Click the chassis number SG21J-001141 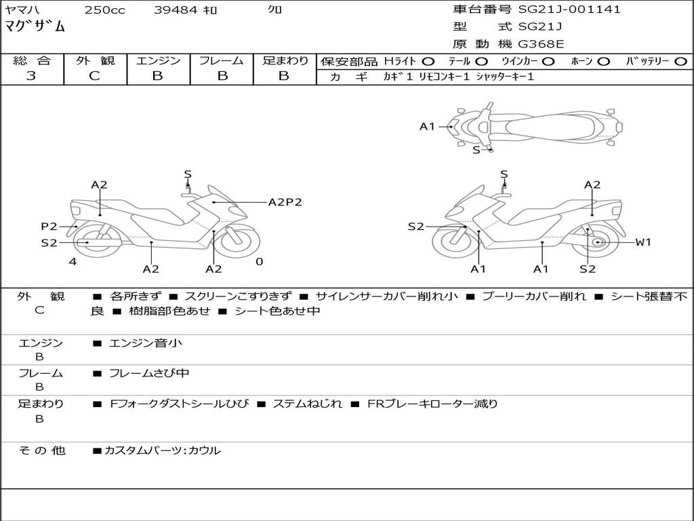[x=569, y=9]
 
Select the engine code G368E [x=541, y=44]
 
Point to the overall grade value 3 [x=31, y=76]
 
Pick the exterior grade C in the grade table [x=94, y=76]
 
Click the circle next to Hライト [x=428, y=62]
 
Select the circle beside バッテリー [x=680, y=62]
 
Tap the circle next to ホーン [x=603, y=62]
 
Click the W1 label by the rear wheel [x=642, y=242]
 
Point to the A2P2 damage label [x=285, y=202]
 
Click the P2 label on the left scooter [x=49, y=227]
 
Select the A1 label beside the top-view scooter [x=427, y=126]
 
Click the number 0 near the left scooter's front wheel [x=259, y=262]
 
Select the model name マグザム [x=35, y=27]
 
